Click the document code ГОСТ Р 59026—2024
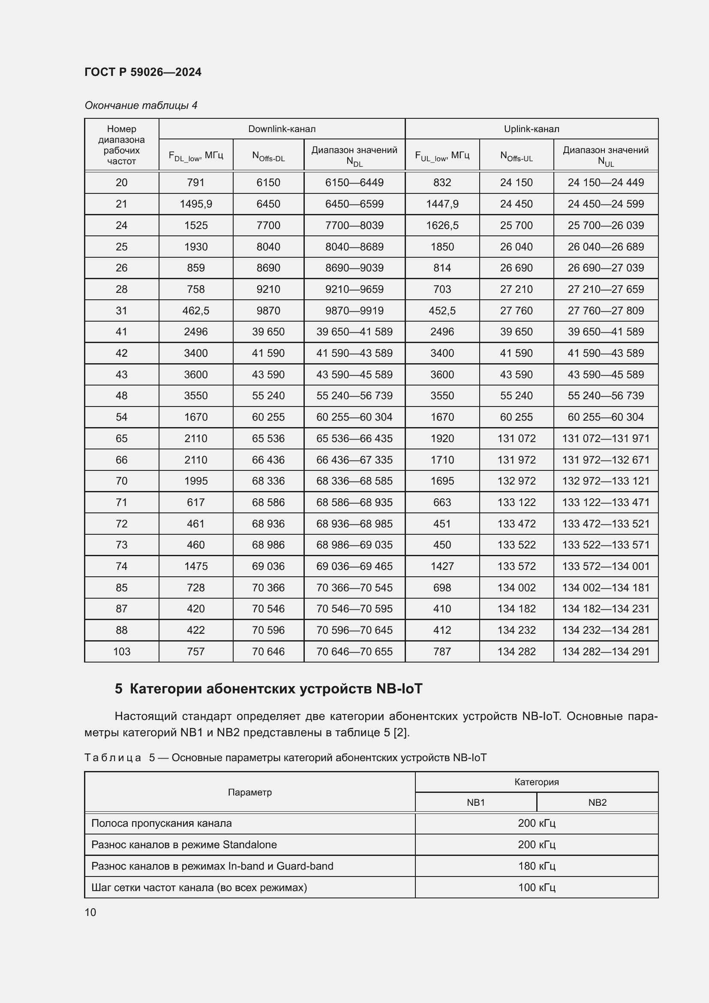[143, 72]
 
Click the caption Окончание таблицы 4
[141, 105]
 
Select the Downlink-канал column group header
[282, 129]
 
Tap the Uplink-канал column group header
[531, 129]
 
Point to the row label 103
[121, 651]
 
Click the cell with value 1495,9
[195, 204]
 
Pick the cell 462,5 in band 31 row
[195, 310]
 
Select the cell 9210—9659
[354, 289]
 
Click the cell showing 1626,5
[442, 226]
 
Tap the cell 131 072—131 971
[606, 438]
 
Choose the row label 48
[121, 395]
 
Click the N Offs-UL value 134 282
[516, 651]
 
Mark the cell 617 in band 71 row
[195, 503]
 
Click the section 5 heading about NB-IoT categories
[268, 689]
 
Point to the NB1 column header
[475, 802]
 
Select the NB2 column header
[597, 802]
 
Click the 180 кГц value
[536, 866]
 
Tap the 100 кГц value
[536, 887]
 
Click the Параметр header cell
[250, 792]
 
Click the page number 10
[90, 912]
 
